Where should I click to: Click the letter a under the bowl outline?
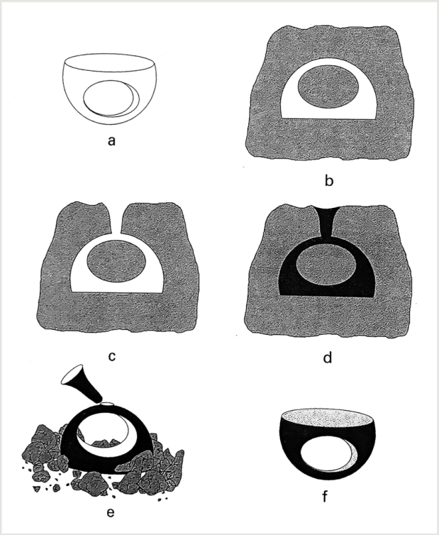pos(111,140)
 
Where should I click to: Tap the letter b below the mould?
pos(328,180)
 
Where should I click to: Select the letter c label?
pos(111,356)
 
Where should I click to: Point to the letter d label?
pos(327,357)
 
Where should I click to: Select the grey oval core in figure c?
pos(116,261)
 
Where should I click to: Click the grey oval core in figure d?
pos(326,266)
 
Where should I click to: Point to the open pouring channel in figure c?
pos(116,219)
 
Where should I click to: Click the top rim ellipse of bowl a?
pos(109,62)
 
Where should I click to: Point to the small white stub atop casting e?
pos(107,404)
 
